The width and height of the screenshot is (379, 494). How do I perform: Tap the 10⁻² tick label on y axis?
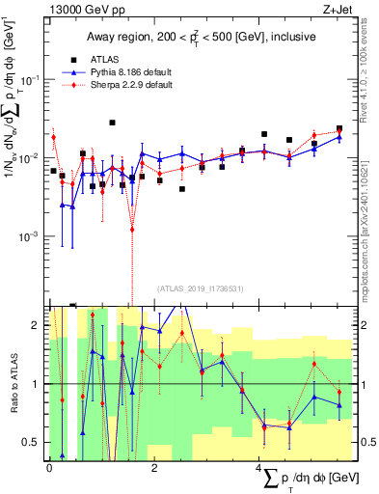coord(32,157)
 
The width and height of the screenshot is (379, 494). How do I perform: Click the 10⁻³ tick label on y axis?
coord(32,236)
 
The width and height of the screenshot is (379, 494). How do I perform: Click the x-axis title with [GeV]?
coord(309,479)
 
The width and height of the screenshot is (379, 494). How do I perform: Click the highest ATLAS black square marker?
coord(113,123)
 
